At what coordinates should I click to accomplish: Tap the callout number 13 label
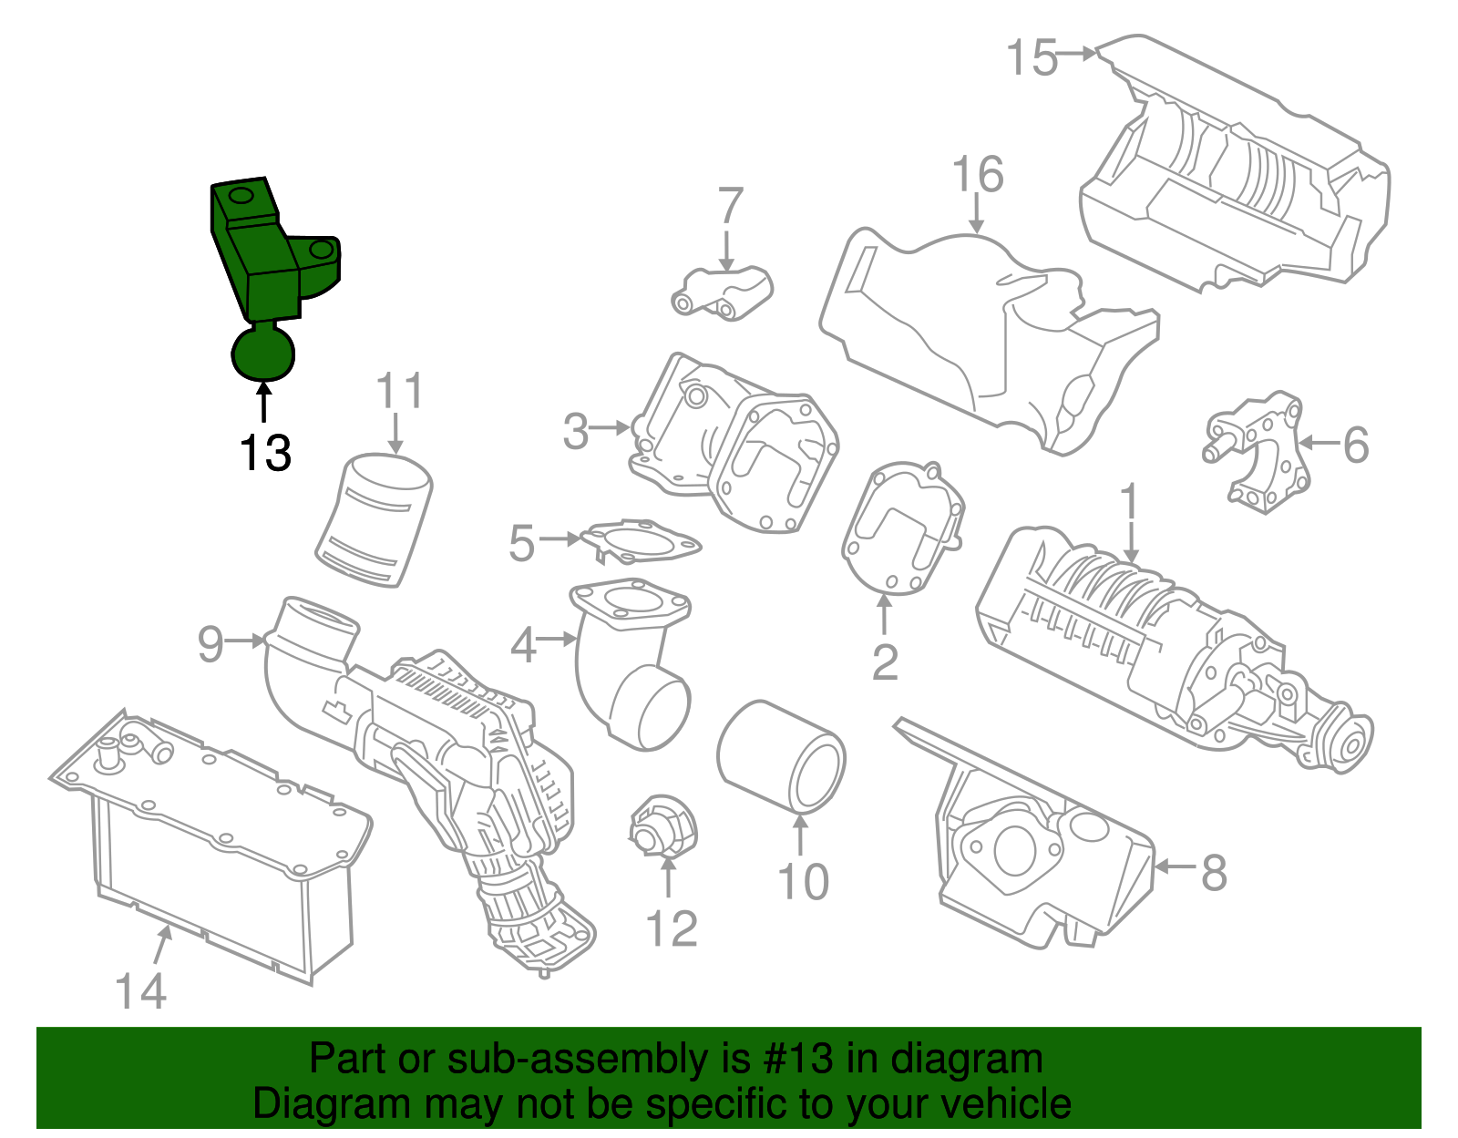pyautogui.click(x=265, y=453)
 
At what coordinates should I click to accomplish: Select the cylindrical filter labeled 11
pyautogui.click(x=375, y=520)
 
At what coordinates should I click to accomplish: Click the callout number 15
pyautogui.click(x=1032, y=57)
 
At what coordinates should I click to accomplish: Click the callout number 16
pyautogui.click(x=978, y=175)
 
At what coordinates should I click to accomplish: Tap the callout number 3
pyautogui.click(x=576, y=431)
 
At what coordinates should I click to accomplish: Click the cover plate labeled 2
pyautogui.click(x=902, y=528)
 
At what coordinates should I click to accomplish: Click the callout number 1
pyautogui.click(x=1129, y=503)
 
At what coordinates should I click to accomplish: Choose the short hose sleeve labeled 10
pyautogui.click(x=781, y=756)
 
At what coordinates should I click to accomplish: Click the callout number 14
pyautogui.click(x=141, y=990)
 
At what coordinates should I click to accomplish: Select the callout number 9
pyautogui.click(x=210, y=644)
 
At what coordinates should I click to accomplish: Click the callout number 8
pyautogui.click(x=1214, y=872)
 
